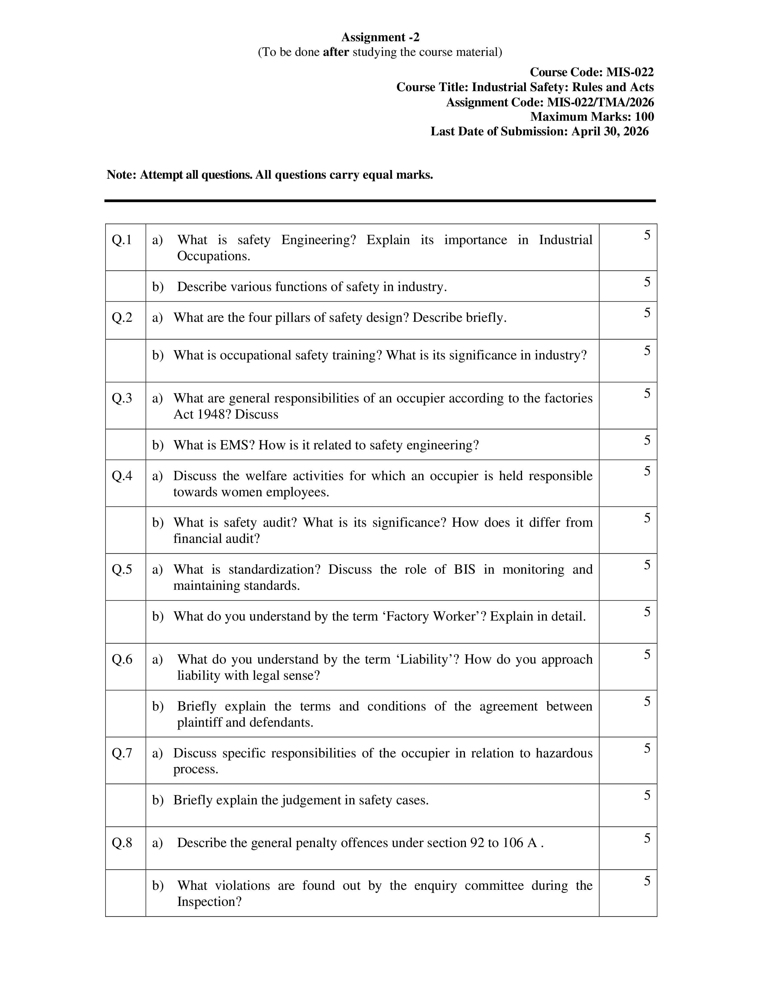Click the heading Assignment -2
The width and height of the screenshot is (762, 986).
click(380, 37)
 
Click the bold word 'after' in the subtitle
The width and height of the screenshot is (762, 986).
click(336, 52)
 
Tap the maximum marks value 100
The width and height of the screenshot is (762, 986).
click(644, 117)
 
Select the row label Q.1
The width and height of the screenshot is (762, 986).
click(122, 240)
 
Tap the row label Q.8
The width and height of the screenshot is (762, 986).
click(122, 843)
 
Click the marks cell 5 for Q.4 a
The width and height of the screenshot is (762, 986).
click(647, 471)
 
